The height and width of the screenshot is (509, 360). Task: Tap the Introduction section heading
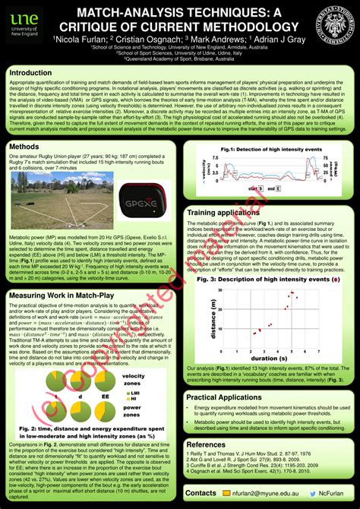36,73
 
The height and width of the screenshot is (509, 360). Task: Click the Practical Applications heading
224,397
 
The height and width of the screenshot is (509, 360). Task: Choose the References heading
206,444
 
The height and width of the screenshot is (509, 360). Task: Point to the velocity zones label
133,380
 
